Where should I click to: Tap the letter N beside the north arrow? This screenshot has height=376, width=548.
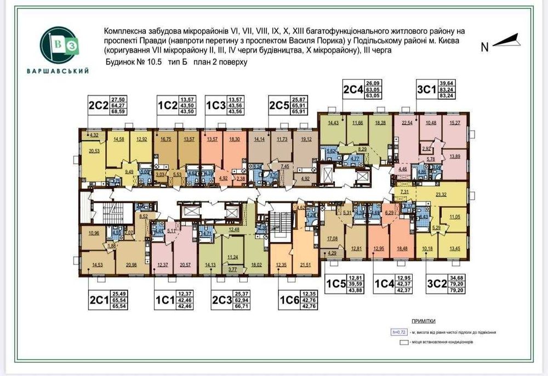point(484,47)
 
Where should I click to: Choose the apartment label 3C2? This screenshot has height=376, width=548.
point(437,284)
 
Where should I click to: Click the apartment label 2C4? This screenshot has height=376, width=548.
point(354,89)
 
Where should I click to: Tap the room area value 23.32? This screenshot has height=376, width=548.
point(455,194)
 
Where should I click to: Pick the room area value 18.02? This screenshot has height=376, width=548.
point(256,265)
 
